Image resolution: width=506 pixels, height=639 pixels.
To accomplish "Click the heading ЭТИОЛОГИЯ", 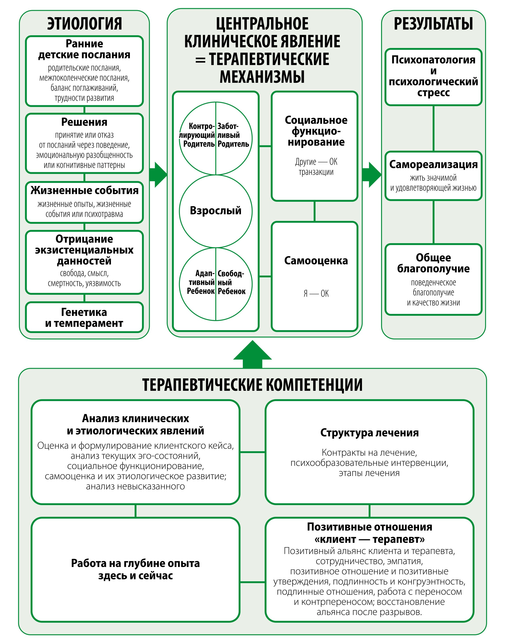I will pyautogui.click(x=84, y=24).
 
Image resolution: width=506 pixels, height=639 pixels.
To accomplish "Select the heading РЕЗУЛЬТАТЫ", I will pyautogui.click(x=433, y=24).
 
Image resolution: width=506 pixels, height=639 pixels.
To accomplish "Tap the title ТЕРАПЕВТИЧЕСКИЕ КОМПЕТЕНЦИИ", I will pyautogui.click(x=252, y=385).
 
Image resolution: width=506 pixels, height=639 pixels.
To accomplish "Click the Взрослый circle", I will pyautogui.click(x=216, y=211).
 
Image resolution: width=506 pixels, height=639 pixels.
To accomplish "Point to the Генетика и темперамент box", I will pyautogui.click(x=84, y=317).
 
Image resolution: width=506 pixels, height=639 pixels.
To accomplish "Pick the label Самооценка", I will pyautogui.click(x=316, y=261).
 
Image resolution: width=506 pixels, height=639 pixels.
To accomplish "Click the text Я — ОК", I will pyautogui.click(x=316, y=293).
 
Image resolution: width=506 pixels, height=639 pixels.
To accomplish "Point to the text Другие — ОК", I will pyautogui.click(x=316, y=162).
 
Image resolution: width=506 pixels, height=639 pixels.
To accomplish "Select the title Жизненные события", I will pyautogui.click(x=84, y=190).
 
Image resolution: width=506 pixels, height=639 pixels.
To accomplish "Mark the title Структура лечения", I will pyautogui.click(x=369, y=433).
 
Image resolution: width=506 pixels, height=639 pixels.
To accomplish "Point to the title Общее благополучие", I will pyautogui.click(x=433, y=263).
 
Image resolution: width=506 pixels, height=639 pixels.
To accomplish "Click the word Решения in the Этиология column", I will pyautogui.click(x=84, y=122).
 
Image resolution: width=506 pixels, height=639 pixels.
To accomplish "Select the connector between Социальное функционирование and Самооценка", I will pyautogui.click(x=314, y=211).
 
